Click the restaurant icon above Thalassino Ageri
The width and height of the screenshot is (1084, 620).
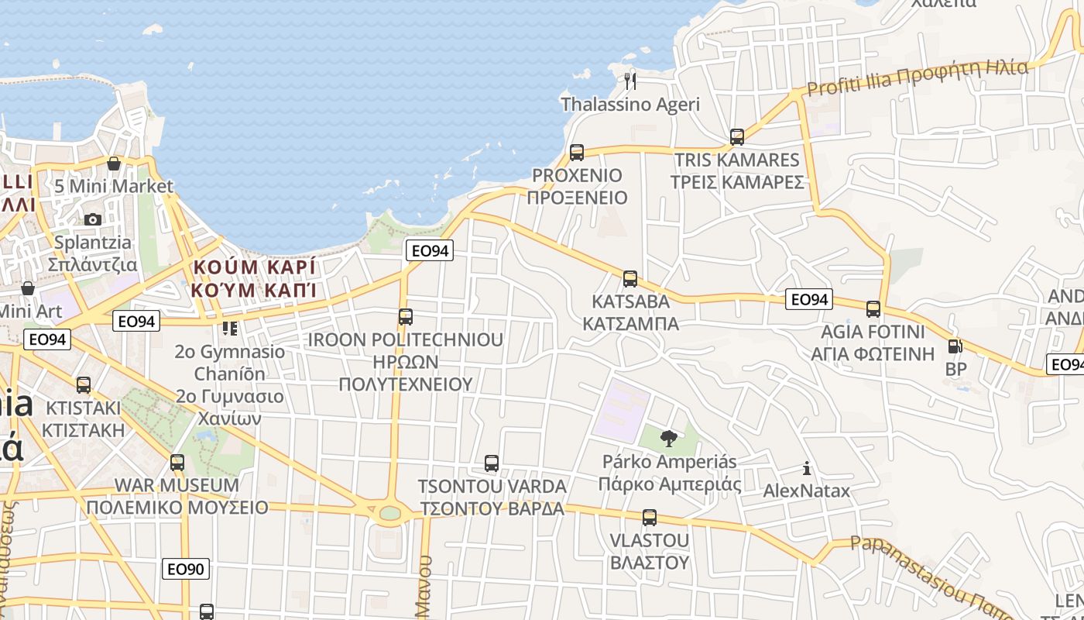[x=630, y=80]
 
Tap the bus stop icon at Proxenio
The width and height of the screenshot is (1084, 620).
[x=576, y=152]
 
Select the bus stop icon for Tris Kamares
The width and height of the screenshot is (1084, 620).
[x=737, y=137]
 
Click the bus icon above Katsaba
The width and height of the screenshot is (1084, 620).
[x=630, y=279]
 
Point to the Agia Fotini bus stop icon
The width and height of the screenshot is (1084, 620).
[x=873, y=309]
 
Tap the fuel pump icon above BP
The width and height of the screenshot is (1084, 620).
[x=955, y=346]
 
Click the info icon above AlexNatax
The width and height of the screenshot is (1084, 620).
[x=807, y=468]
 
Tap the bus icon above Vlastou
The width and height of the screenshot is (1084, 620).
[x=650, y=517]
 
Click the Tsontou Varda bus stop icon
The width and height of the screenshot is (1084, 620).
[x=492, y=463]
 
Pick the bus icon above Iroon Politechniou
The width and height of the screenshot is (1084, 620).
[x=406, y=316]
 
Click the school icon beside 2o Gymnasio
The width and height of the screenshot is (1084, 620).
[x=229, y=329]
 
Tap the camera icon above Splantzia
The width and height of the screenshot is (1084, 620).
[x=93, y=220]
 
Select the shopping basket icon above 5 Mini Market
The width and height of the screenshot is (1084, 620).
[x=114, y=164]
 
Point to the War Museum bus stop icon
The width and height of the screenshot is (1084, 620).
[x=177, y=463]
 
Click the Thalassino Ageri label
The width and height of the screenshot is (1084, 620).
[x=629, y=105]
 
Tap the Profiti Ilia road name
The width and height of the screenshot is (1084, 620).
[x=918, y=77]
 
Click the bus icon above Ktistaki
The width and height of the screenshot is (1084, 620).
[x=84, y=384]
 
